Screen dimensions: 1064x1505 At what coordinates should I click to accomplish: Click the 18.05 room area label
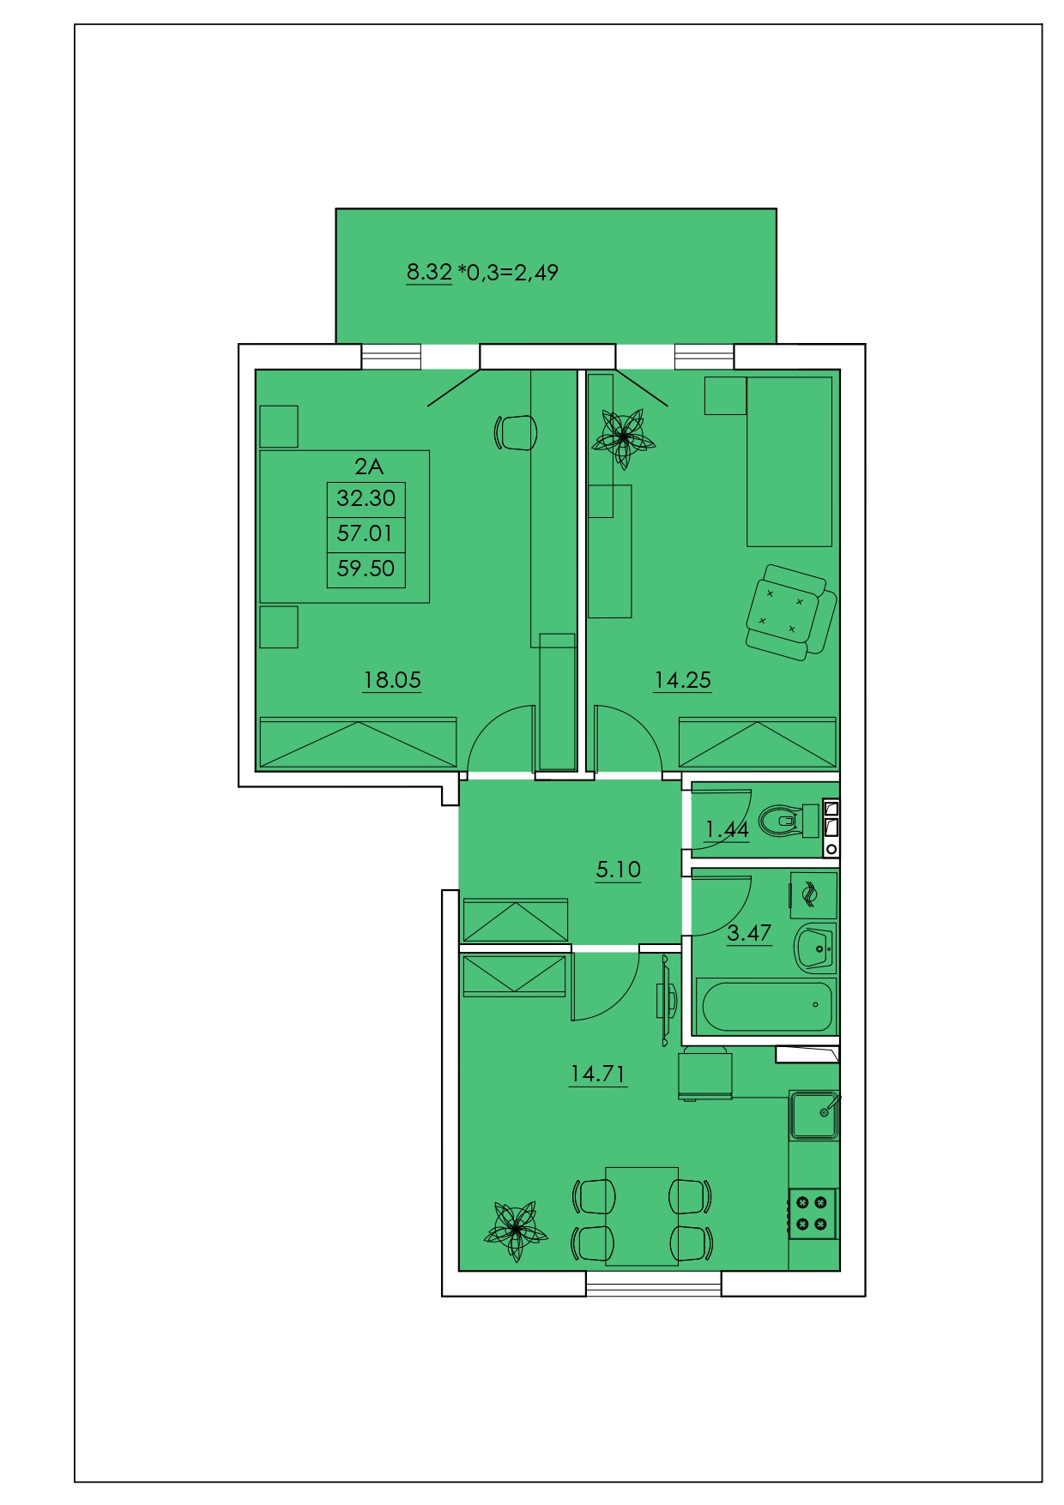point(392,680)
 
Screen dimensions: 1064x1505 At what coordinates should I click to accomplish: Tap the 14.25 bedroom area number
point(682,680)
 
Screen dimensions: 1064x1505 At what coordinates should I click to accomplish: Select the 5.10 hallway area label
point(618,870)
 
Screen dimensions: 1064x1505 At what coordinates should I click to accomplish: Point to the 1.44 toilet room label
point(727,829)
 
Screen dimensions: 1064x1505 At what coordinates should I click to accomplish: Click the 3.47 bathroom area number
point(749,932)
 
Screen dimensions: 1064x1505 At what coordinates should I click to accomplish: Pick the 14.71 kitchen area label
point(598,1074)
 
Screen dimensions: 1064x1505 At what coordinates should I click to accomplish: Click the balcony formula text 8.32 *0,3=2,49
point(482,273)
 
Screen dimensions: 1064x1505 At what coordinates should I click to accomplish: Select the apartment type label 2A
point(368,467)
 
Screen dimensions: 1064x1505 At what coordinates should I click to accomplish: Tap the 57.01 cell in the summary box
point(366,533)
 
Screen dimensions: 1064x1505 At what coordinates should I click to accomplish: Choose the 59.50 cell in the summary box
point(366,569)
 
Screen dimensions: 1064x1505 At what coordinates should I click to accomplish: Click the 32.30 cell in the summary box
point(366,498)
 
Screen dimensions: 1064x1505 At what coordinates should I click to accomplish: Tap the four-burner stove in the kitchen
point(812,1213)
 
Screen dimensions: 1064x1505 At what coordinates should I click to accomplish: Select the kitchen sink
point(814,1114)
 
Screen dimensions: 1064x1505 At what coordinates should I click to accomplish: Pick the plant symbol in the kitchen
point(515,1231)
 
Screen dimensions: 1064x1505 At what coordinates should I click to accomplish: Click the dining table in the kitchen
point(642,1216)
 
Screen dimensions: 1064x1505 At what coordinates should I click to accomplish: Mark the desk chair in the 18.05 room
point(517,431)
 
